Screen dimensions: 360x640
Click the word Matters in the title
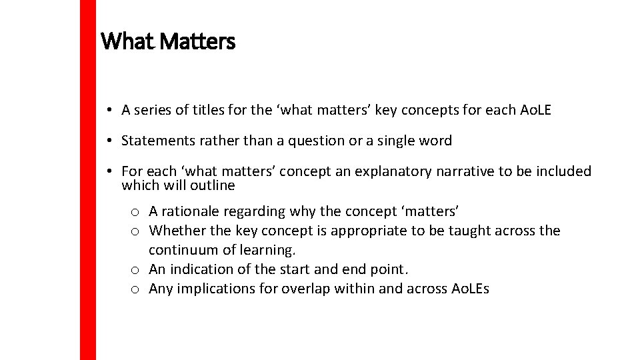click(198, 42)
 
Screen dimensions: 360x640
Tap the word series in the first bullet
click(153, 110)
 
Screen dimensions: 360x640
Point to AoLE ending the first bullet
click(535, 110)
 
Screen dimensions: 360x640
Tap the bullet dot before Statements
click(108, 141)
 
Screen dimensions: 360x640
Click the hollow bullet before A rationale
click(135, 212)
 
